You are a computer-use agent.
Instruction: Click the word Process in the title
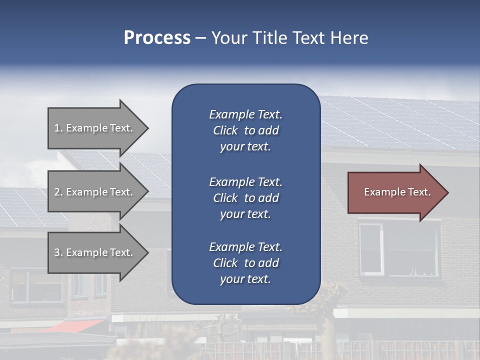(157, 38)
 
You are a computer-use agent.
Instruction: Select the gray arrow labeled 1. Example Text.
(95, 128)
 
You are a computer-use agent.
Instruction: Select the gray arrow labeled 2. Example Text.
(95, 192)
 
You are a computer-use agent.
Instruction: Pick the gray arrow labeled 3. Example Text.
(95, 252)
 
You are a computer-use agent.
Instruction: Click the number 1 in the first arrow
(57, 128)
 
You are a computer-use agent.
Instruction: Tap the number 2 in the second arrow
(57, 192)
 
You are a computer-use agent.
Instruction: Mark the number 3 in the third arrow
(57, 252)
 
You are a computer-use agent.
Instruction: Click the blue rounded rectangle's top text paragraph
(245, 130)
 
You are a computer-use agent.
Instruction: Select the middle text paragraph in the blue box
(245, 198)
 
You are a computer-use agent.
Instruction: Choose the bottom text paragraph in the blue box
(245, 263)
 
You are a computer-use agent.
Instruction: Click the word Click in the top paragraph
(225, 130)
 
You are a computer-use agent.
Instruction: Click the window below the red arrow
(397, 249)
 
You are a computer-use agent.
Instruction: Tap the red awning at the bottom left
(75, 326)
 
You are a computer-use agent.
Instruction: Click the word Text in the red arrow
(419, 192)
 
